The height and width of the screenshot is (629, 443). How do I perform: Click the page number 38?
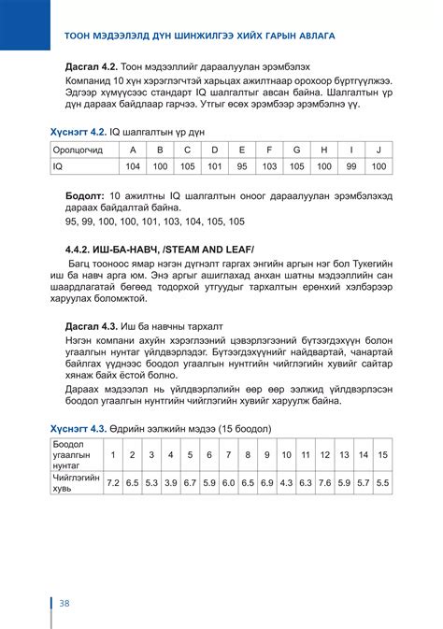64,601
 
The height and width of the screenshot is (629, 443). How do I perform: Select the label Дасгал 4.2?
87,69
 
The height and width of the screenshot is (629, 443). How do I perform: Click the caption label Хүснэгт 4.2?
79,132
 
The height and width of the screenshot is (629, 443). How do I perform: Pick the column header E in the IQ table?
242,150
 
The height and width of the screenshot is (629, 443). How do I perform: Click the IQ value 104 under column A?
133,166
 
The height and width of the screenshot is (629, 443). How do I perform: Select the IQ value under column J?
379,166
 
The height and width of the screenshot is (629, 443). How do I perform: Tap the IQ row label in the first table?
58,166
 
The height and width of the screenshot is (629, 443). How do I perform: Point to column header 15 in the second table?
382,454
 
